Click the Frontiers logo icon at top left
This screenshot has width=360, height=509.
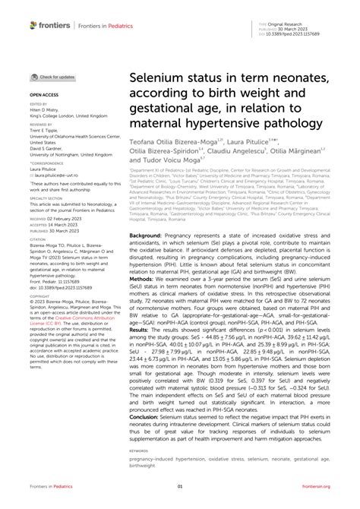coord(33,25)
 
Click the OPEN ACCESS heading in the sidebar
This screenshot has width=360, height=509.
coord(44,95)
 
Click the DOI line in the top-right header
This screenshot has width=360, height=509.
coord(297,35)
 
